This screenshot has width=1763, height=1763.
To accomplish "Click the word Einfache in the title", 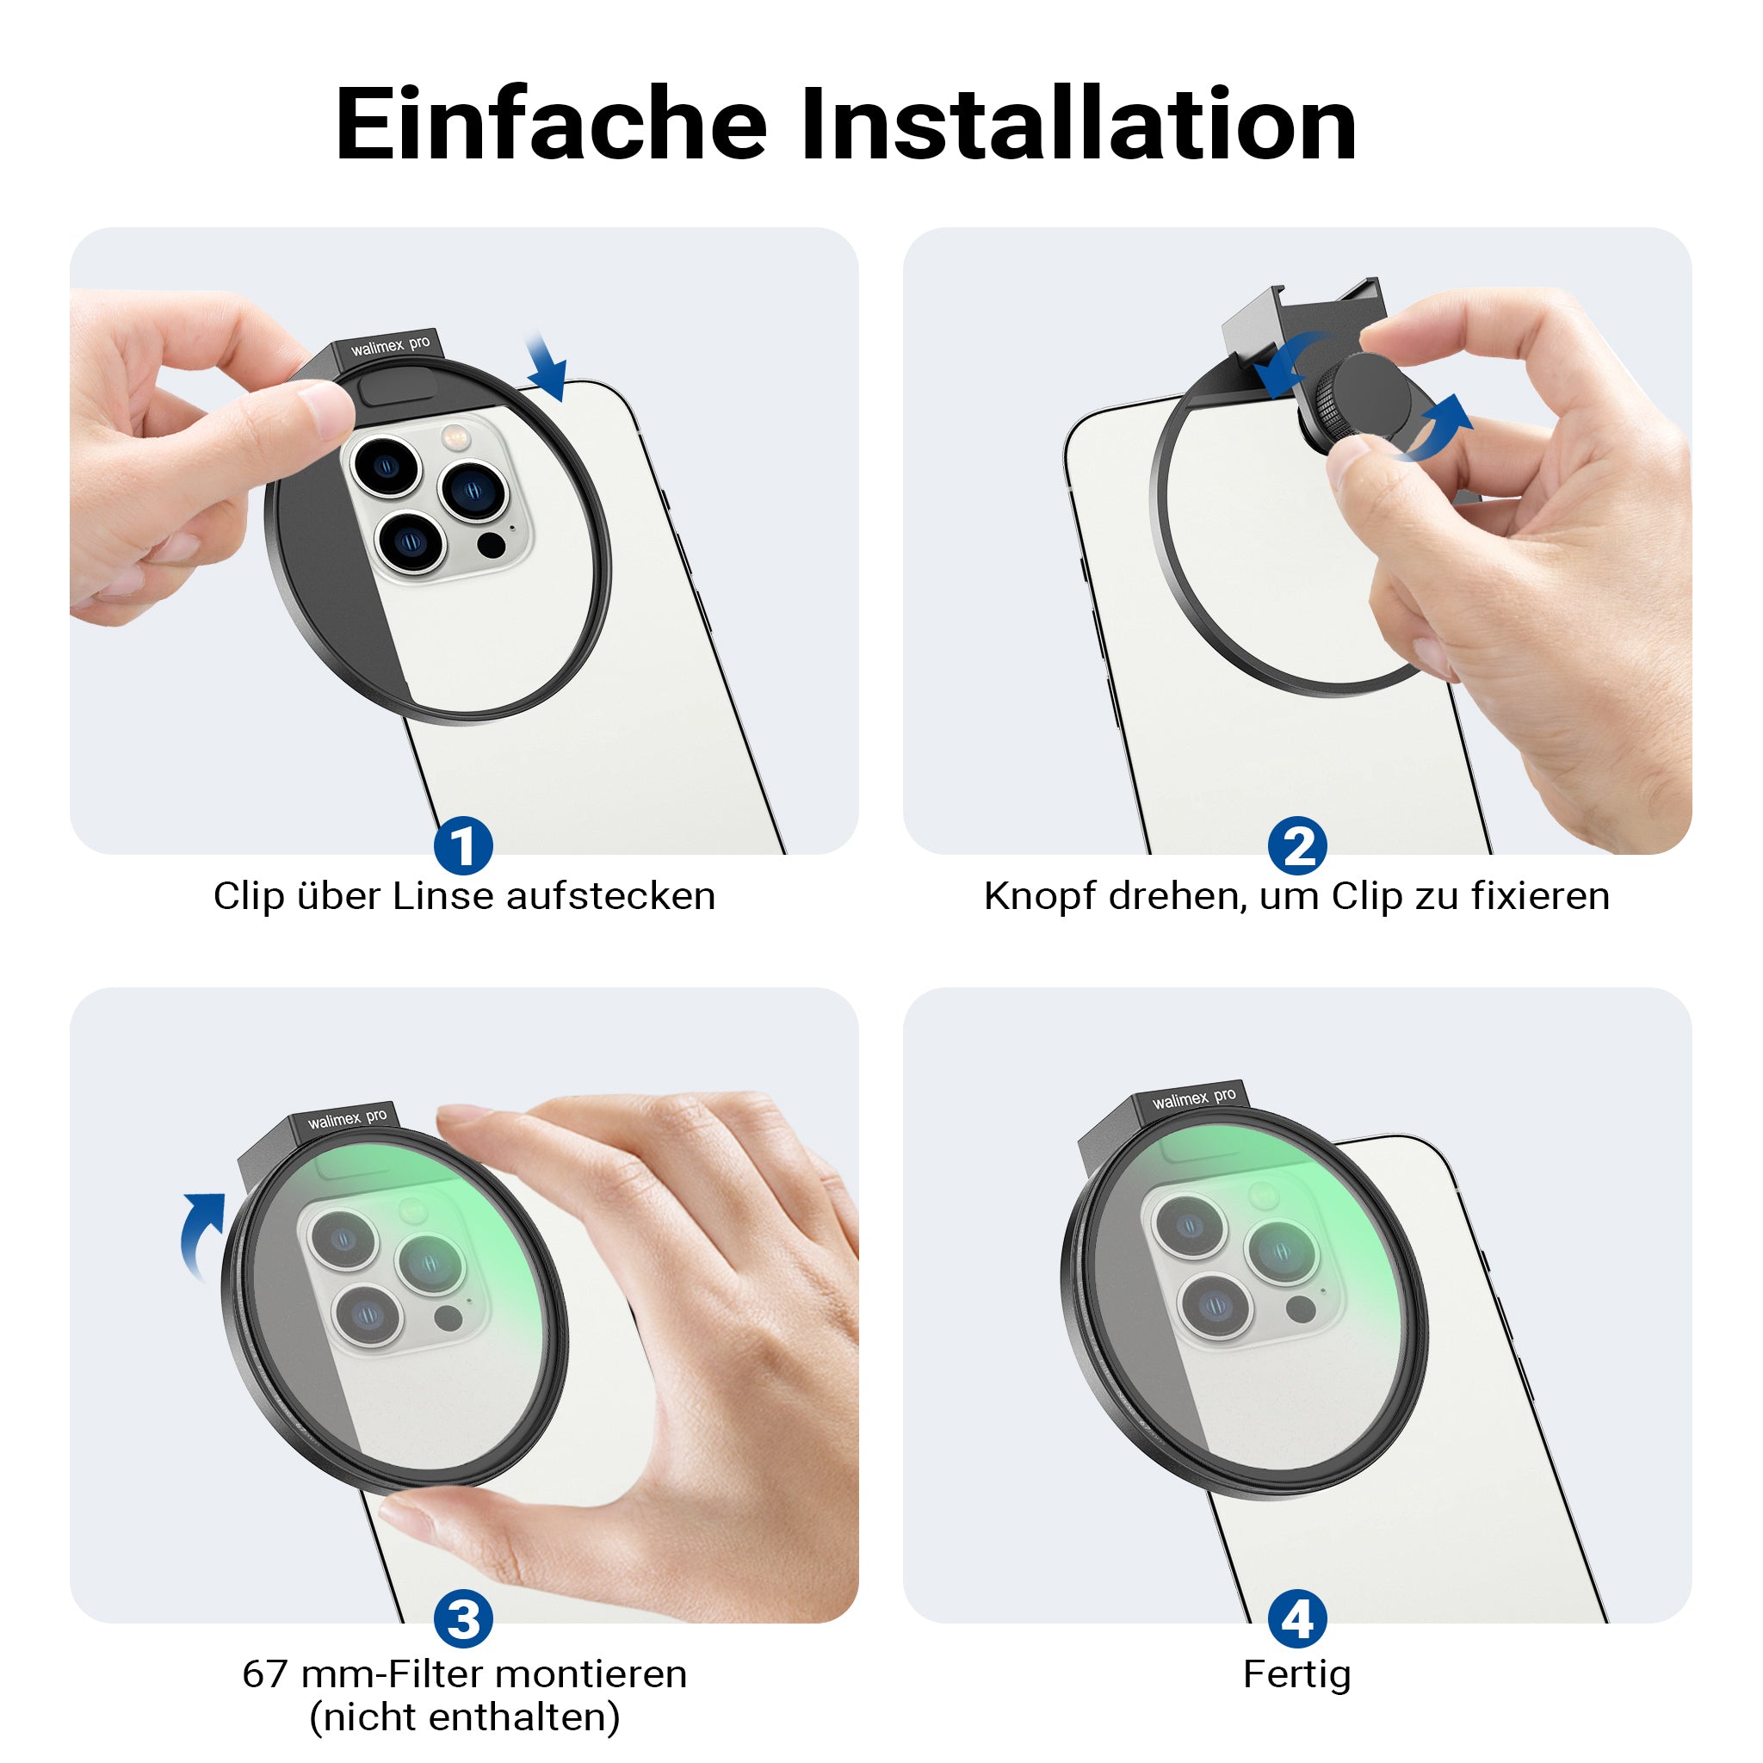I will [x=551, y=123].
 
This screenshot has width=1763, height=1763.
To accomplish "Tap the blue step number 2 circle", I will [x=1296, y=845].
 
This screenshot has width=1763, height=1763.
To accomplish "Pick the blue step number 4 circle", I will [x=1296, y=1620].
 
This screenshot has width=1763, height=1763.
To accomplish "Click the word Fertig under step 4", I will [x=1296, y=1674].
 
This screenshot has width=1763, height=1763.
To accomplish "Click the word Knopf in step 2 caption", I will [x=1039, y=896].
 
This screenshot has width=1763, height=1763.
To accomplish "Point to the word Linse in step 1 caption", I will [x=443, y=896].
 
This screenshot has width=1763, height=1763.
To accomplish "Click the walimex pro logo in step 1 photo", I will [x=390, y=346].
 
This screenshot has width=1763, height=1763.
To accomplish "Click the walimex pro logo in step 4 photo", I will [x=1194, y=1098].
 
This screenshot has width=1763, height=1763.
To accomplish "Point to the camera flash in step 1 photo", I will [x=453, y=438].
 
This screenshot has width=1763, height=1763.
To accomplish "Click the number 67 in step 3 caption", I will [x=265, y=1674].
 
